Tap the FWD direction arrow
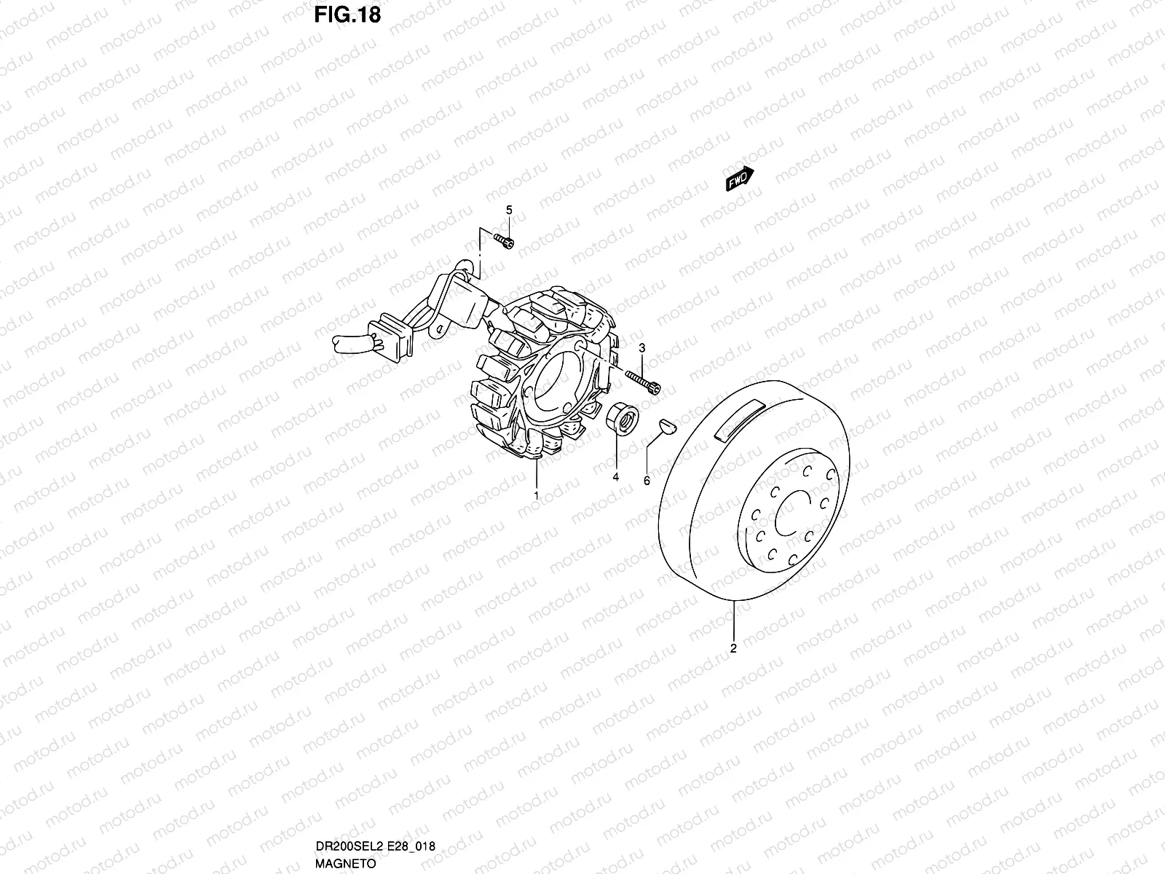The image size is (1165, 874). tap(740, 179)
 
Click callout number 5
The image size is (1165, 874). tap(509, 210)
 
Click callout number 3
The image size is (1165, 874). tap(641, 348)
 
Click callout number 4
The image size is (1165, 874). tap(615, 477)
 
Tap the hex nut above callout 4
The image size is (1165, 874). tap(622, 419)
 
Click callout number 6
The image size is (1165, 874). tap(647, 481)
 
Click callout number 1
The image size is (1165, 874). tap(537, 496)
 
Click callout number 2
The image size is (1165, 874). tap(733, 647)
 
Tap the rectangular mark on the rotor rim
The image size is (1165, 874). tap(739, 422)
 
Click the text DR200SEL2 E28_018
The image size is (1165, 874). tap(375, 846)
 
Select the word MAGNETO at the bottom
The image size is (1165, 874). tap(346, 864)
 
